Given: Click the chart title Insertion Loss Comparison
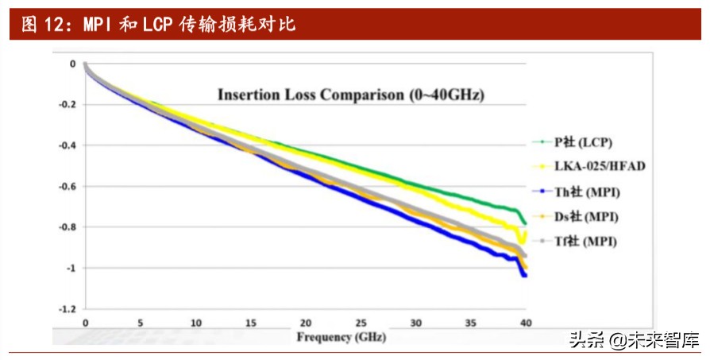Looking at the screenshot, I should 351,95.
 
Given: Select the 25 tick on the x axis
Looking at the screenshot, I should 361,323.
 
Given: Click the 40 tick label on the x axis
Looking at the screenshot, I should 525,323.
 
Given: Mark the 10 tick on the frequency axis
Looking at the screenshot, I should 195,323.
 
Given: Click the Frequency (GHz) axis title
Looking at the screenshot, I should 341,336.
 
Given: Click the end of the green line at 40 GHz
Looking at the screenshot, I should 524,223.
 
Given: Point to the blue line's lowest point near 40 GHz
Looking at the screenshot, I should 524,275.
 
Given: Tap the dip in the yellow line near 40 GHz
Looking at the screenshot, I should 521,242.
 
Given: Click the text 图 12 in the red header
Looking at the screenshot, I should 41,25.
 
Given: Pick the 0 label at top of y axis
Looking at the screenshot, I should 72,64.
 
